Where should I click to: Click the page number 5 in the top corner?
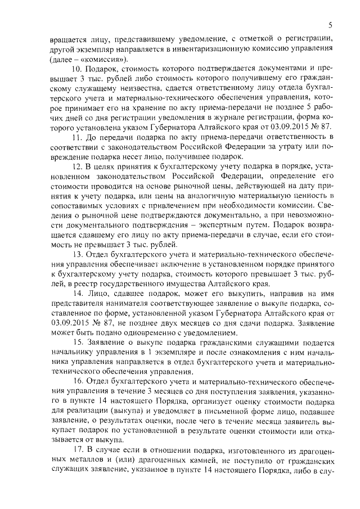331,25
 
